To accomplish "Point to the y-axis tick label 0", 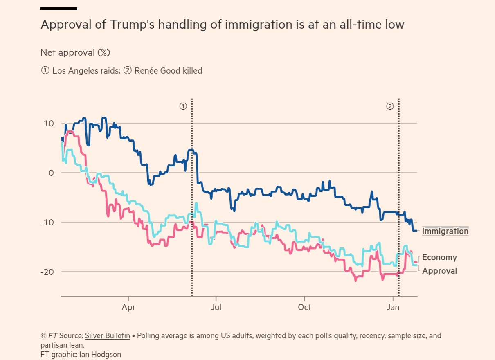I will point(52,173).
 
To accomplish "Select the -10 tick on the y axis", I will point(48,223).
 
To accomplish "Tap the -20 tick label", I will point(48,272).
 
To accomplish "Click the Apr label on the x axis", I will point(128,307).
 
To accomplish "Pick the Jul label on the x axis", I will point(216,307).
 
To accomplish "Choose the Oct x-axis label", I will point(304,307).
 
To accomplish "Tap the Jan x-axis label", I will point(393,307).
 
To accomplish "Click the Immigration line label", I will point(445,232).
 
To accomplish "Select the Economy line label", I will point(439,257).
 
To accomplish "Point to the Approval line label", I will point(439,271).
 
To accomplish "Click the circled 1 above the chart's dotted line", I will point(183,106).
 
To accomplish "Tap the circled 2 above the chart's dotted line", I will point(390,106).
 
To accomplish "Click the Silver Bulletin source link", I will point(108,336).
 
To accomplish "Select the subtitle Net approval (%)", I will point(75,53).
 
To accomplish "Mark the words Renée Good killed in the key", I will point(168,71).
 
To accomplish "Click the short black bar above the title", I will point(59,9).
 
